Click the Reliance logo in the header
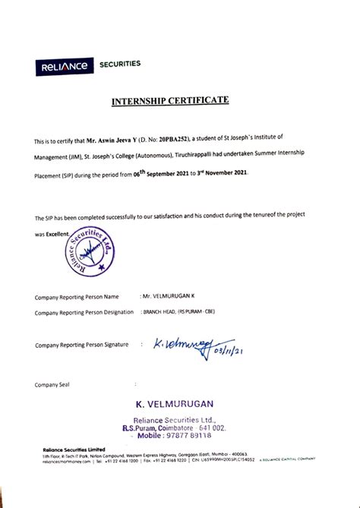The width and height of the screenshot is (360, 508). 63,67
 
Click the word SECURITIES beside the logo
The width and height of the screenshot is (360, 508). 120,65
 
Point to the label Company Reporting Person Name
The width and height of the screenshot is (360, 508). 77,296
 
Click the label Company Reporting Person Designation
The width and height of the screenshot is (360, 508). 84,312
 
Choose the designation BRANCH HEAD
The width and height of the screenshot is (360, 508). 159,312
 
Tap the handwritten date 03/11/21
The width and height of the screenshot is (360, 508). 230,351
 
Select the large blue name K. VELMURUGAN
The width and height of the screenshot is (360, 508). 175,403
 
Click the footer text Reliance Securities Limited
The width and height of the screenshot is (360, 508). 74,449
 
